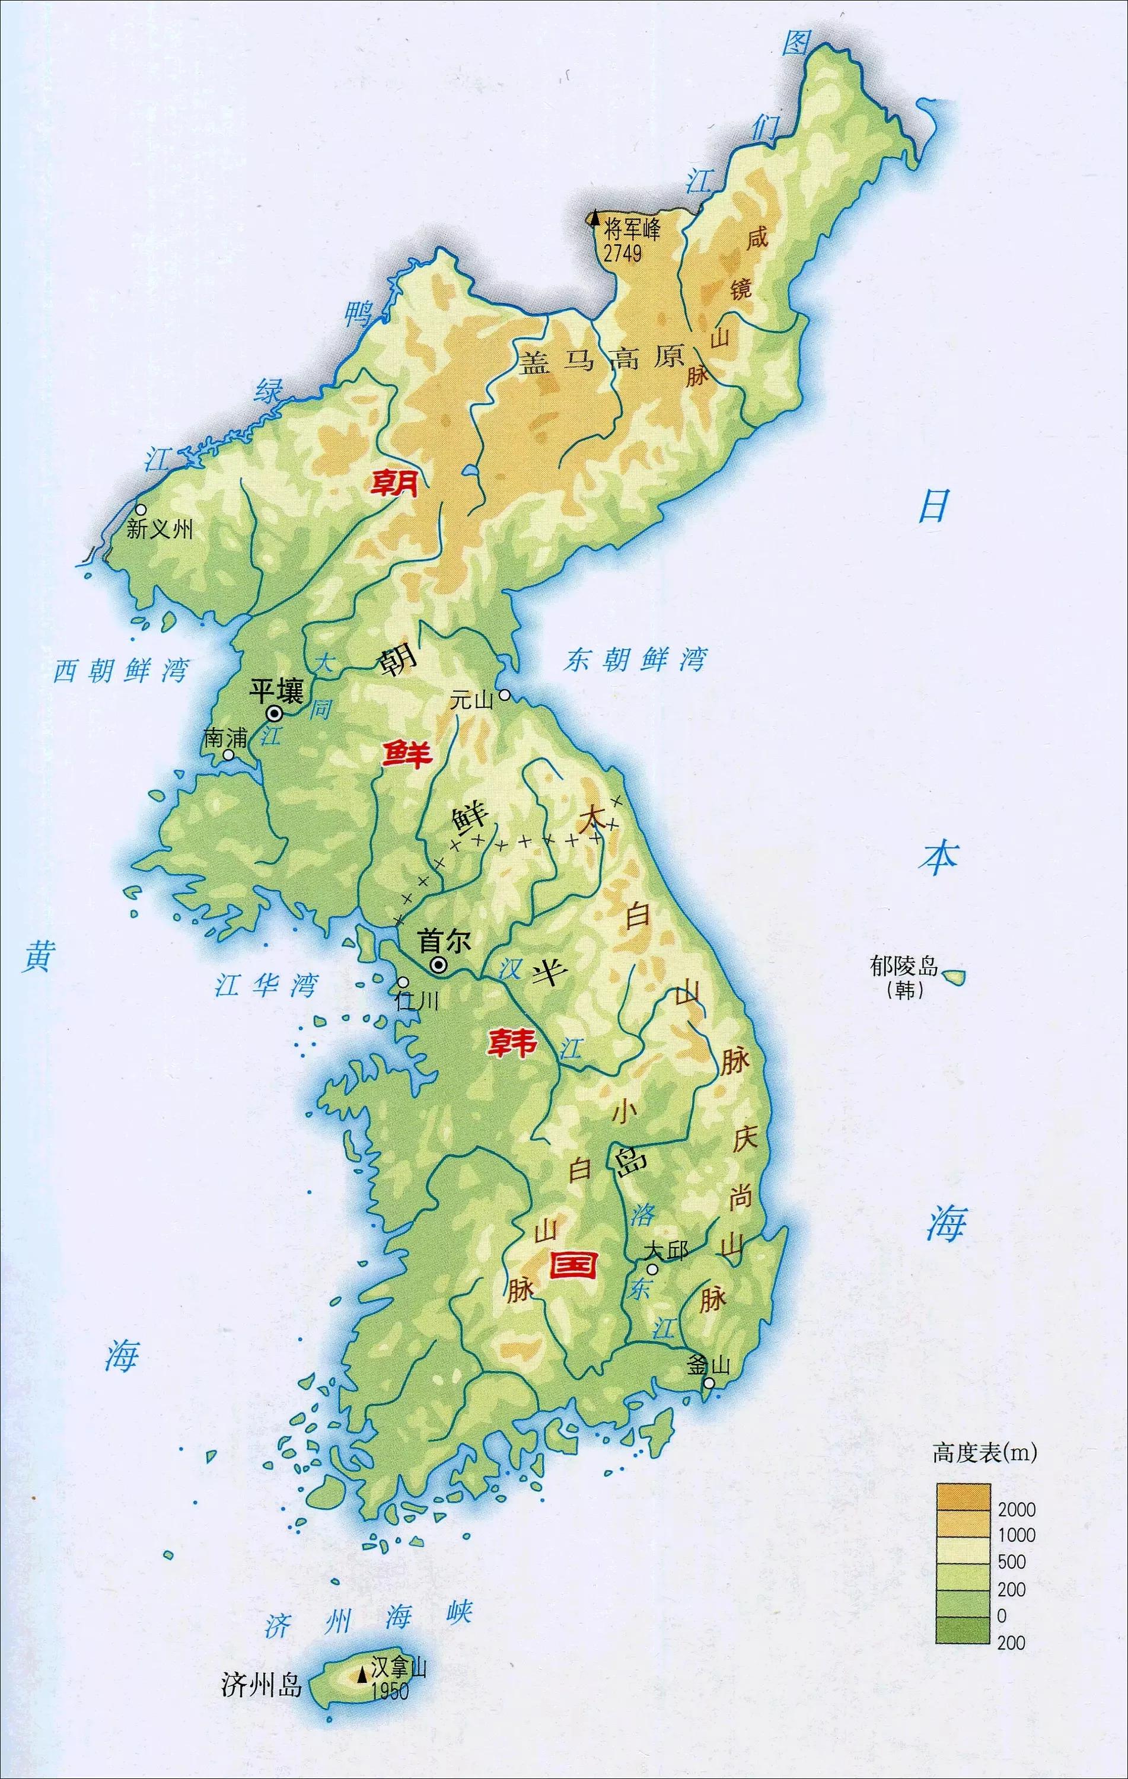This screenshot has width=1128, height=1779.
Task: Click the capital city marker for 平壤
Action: coord(274,713)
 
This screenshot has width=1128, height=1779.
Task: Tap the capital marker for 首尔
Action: coord(439,964)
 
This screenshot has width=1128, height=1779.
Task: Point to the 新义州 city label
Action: coord(159,529)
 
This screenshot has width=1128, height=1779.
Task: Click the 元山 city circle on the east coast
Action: coord(505,694)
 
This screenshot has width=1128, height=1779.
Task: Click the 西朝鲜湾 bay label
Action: coord(120,671)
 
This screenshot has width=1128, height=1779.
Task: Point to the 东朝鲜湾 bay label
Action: coord(635,659)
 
